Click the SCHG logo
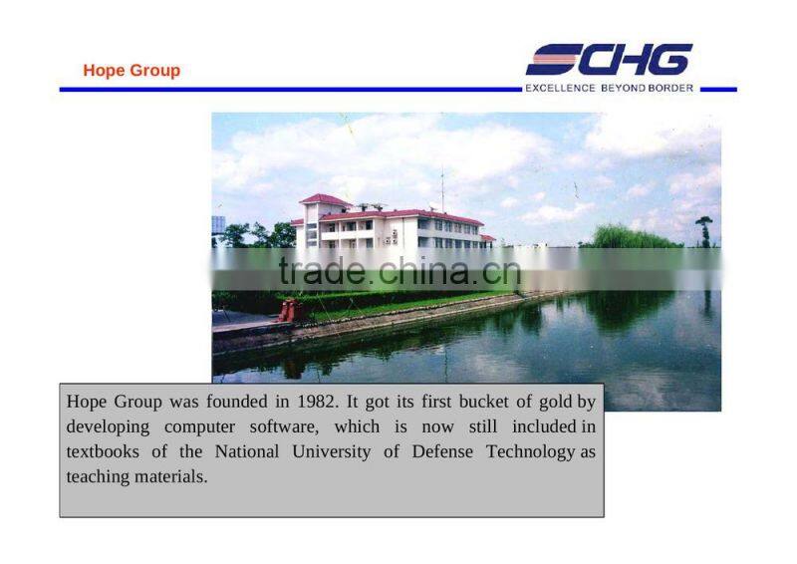[x=609, y=60]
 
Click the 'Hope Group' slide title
[x=132, y=71]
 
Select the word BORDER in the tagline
[x=672, y=88]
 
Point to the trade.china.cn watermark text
[x=398, y=270]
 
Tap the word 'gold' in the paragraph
[x=555, y=403]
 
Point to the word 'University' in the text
[x=334, y=451]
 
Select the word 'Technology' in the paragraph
[x=530, y=451]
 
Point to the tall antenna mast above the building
[x=442, y=192]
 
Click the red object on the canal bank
[x=290, y=310]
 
